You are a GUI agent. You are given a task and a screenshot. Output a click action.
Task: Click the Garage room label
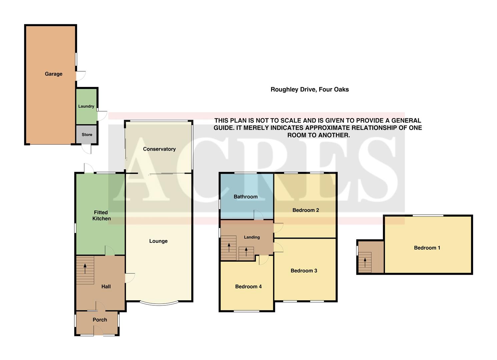54,74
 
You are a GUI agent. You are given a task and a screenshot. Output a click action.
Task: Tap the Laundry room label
86,106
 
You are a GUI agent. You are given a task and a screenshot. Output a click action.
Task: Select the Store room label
87,135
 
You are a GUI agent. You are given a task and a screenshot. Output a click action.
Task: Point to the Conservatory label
159,149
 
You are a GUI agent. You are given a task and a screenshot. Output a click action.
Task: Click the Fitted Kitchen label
101,215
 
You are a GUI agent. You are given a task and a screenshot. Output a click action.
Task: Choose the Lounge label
158,241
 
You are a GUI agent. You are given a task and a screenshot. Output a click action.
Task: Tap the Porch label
100,320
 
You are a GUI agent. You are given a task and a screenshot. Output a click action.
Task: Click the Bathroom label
245,197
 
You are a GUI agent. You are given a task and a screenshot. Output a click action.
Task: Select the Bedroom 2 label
306,210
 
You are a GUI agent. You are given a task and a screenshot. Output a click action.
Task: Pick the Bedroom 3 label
304,271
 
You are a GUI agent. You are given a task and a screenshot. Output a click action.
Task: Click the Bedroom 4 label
248,286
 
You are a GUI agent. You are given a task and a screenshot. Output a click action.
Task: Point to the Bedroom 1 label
427,248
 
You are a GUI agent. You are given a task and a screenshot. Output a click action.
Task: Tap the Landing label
252,237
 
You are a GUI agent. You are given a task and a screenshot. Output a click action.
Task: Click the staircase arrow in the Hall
85,268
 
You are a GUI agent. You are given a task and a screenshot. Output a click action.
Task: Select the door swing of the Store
87,149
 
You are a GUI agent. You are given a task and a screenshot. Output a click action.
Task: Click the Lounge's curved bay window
159,304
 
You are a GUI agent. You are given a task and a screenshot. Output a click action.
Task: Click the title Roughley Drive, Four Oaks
309,89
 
